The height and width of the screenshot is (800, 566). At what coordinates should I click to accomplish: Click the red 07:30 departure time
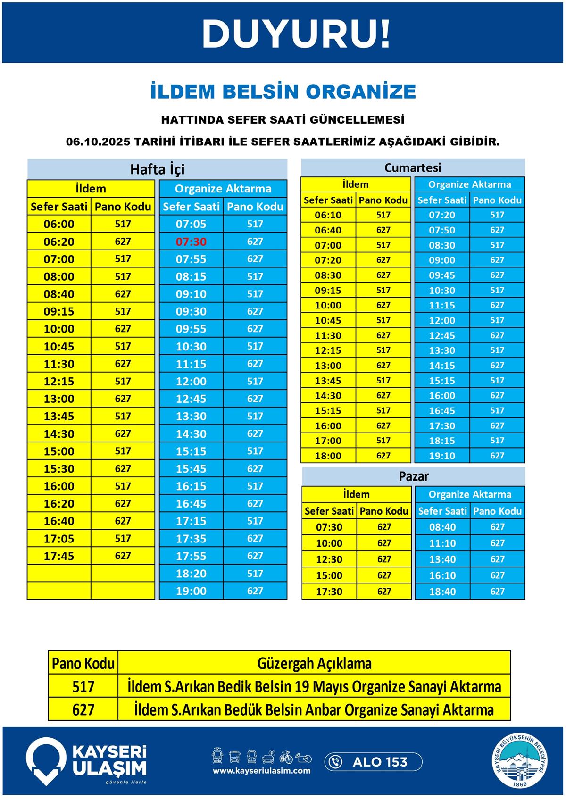coord(191,242)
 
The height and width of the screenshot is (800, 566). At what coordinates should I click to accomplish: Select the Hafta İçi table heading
coord(157,169)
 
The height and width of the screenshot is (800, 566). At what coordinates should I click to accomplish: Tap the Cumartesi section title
coord(413,167)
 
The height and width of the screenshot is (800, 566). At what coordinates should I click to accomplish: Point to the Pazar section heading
coord(414,476)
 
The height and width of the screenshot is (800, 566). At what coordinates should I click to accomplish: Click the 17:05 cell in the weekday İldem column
coord(59,538)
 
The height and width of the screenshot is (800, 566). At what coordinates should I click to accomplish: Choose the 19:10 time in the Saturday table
coord(442,456)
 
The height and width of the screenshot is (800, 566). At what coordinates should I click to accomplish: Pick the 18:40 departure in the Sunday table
coord(442,592)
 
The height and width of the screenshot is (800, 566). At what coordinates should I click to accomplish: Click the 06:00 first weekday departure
coord(59,224)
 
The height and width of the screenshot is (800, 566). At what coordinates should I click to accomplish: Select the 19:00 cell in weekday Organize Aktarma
coord(191,591)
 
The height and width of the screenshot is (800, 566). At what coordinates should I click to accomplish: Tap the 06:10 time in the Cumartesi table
coord(328,215)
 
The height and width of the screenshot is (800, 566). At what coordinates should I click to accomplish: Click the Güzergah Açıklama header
coord(314,663)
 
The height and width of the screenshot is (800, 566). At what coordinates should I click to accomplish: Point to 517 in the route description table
coord(83,686)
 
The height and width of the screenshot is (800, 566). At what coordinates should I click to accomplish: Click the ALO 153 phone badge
coord(373,762)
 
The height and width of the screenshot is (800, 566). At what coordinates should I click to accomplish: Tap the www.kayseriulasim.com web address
coord(261,771)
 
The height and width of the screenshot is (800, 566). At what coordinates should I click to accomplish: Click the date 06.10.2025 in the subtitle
coord(98,142)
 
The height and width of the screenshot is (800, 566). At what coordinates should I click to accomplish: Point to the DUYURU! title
coord(296,33)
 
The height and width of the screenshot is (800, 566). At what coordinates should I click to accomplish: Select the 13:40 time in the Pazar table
coord(442,559)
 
